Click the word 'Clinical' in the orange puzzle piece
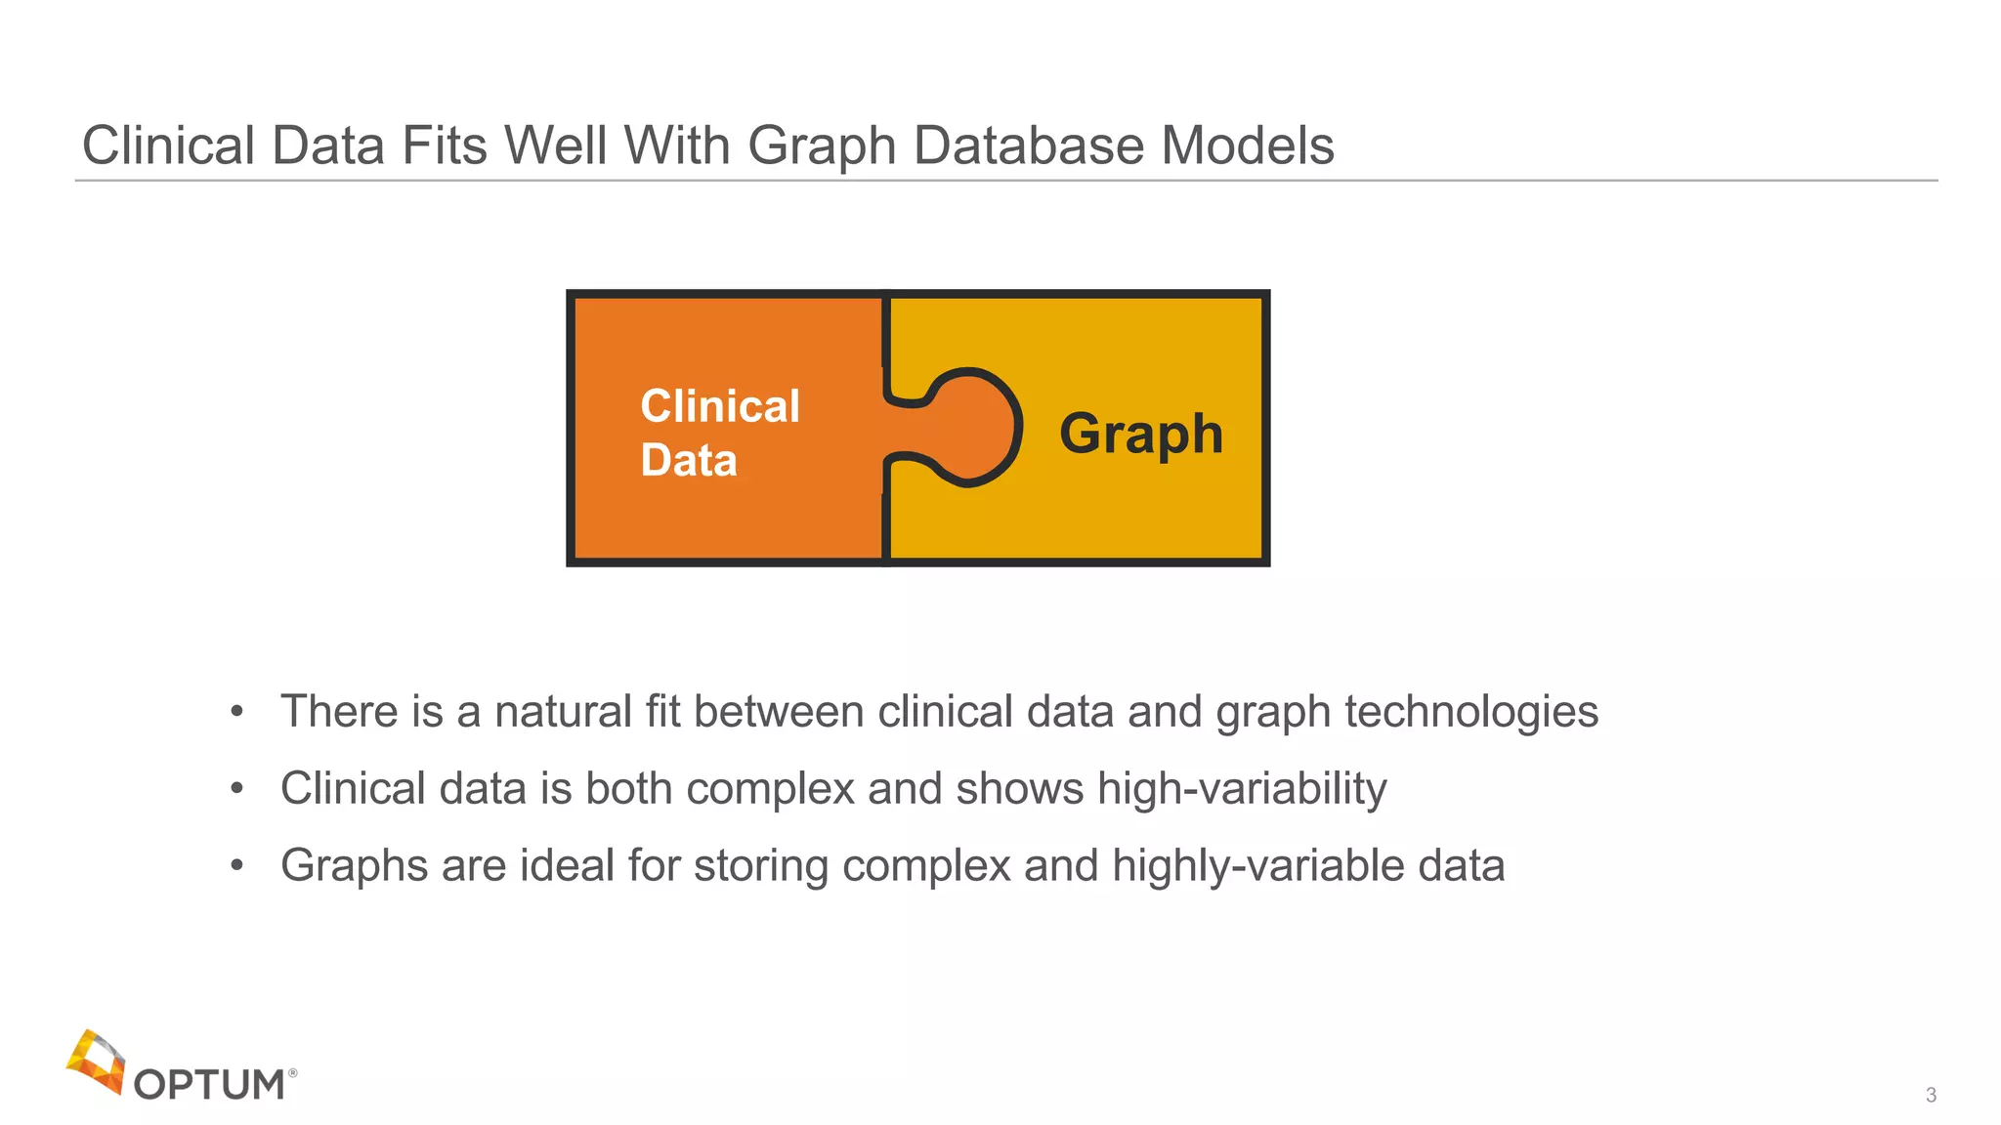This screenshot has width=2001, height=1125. pyautogui.click(x=720, y=406)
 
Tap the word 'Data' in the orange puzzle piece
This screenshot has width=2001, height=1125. pyautogui.click(x=689, y=460)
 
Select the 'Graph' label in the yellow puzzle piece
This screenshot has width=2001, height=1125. pyautogui.click(x=1141, y=434)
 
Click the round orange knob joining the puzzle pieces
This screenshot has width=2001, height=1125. pyautogui.click(x=972, y=427)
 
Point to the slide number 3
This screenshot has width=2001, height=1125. pyautogui.click(x=1931, y=1095)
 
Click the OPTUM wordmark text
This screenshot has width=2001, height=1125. pyautogui.click(x=209, y=1085)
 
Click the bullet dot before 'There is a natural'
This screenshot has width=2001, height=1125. pyautogui.click(x=236, y=712)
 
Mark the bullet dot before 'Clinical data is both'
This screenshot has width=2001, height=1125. pyautogui.click(x=236, y=789)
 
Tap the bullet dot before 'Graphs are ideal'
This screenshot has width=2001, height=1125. pyautogui.click(x=236, y=865)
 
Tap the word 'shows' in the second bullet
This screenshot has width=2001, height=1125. pyautogui.click(x=1020, y=789)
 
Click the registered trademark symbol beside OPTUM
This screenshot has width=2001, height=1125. pyautogui.click(x=293, y=1072)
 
